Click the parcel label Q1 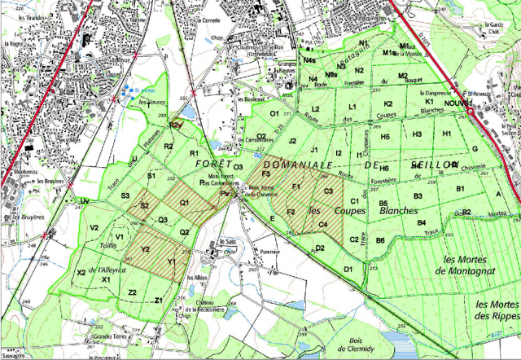pos(184,202)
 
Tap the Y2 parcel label pos(145,249)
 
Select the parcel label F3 pos(265,173)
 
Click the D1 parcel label pos(348,269)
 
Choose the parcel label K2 pos(388,103)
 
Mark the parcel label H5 pos(386,137)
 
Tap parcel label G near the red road pos(475,148)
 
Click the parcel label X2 pos(81,272)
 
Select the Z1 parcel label pos(159,301)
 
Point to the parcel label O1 pos(274,113)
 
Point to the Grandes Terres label pos(111,336)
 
